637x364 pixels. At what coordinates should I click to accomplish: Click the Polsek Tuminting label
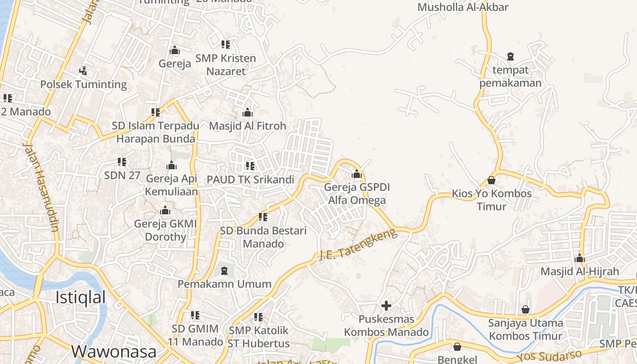click(x=83, y=84)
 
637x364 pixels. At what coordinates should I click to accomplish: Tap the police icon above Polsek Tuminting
click(x=83, y=71)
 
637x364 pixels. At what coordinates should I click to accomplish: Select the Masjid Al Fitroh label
click(x=248, y=126)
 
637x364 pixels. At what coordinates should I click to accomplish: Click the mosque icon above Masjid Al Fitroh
click(x=248, y=112)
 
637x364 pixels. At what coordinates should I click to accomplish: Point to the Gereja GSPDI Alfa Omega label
click(x=357, y=194)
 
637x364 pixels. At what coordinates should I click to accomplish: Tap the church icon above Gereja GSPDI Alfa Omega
click(x=357, y=174)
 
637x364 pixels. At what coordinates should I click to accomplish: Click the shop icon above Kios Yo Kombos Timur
click(x=491, y=180)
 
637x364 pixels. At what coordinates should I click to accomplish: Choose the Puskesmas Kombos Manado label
click(x=386, y=325)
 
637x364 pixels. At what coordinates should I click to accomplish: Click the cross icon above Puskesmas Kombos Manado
click(x=386, y=306)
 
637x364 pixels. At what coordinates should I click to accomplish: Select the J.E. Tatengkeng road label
click(x=358, y=245)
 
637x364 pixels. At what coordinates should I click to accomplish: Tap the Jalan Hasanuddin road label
click(x=41, y=187)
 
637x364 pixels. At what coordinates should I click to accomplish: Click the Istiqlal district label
click(x=81, y=297)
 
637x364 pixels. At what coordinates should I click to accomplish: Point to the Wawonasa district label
click(x=114, y=351)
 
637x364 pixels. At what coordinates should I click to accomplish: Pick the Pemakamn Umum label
click(x=224, y=284)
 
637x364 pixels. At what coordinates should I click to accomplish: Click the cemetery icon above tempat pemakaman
click(x=510, y=56)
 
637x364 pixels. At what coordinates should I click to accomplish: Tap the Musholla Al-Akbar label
click(x=463, y=7)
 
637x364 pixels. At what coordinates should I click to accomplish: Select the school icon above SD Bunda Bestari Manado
click(x=263, y=217)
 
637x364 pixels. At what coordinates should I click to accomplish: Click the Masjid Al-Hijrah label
click(x=580, y=272)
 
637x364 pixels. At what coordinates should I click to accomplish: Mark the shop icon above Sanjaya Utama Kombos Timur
click(x=526, y=310)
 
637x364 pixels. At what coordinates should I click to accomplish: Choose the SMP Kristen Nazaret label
click(x=226, y=65)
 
